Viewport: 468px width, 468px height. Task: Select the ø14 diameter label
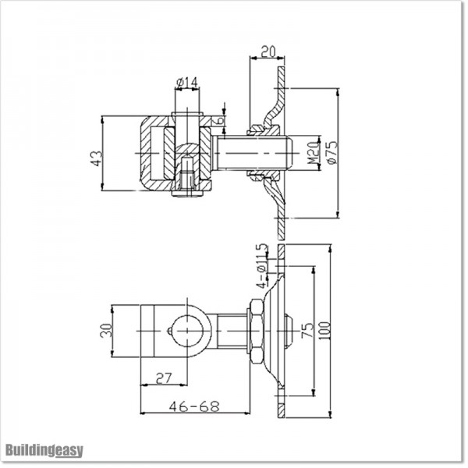186,81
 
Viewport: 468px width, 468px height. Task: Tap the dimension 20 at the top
268,51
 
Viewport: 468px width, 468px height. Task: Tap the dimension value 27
164,378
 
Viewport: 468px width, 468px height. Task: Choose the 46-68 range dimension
193,406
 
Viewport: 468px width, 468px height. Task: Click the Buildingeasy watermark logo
44,450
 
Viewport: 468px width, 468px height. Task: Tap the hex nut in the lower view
255,329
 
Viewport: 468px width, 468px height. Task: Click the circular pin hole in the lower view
189,329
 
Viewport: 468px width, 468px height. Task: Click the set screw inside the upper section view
186,173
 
